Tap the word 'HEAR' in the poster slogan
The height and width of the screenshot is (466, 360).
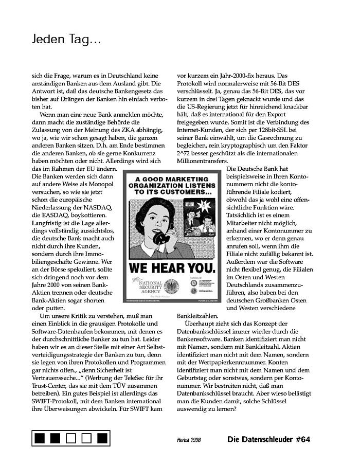click(176, 268)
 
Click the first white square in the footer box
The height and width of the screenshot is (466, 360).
click(71, 439)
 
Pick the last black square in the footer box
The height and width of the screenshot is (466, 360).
click(102, 439)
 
